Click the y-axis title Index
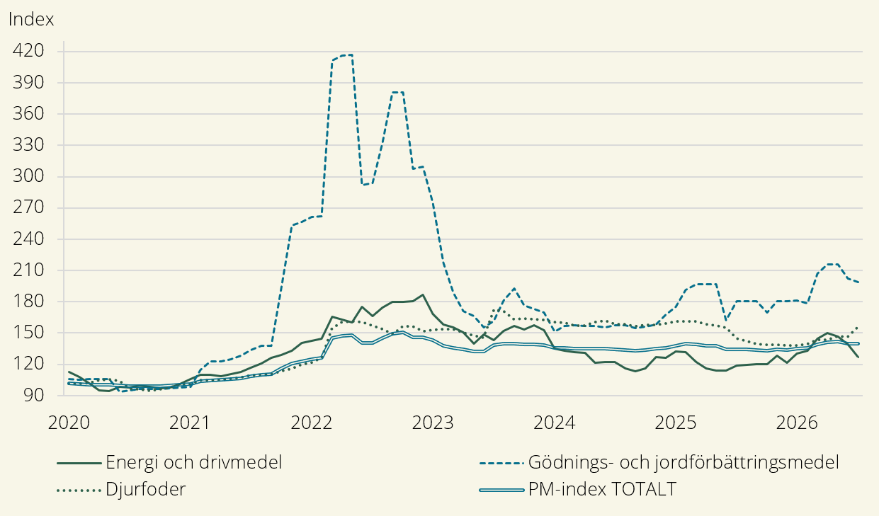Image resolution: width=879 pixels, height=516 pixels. point(31,19)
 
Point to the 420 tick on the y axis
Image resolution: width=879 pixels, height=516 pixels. point(28,51)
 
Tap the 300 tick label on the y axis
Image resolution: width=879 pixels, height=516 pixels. point(28,176)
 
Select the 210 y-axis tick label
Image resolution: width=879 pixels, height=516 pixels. point(28,270)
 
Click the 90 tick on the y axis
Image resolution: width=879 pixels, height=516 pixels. point(34,395)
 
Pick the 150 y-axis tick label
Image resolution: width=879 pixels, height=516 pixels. point(28,333)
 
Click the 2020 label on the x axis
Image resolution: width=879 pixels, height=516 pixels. point(69,423)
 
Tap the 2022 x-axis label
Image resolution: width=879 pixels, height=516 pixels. point(312,423)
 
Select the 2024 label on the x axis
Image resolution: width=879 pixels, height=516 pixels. point(555,423)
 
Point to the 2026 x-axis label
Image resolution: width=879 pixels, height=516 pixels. point(797,423)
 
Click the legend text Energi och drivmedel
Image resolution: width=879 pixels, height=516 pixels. point(194,463)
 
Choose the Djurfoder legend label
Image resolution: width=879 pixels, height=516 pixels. point(146,489)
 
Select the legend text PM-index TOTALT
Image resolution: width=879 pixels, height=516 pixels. point(602,489)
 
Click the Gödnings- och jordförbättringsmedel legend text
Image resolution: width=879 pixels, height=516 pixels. point(684,463)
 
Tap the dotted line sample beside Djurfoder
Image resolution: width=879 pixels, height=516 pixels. point(79,490)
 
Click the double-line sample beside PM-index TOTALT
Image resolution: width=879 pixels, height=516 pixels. point(502,490)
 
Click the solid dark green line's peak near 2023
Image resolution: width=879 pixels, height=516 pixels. point(423,295)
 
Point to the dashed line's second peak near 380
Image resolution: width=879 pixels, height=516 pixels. point(398,92)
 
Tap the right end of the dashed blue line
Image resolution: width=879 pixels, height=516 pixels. point(858,282)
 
